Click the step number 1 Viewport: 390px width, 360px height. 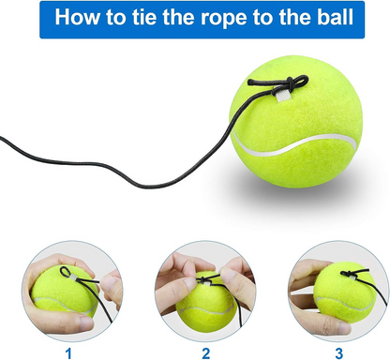[68, 353]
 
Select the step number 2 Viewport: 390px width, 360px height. [206, 353]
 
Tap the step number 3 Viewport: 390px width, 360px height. [339, 353]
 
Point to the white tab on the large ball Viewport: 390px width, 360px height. [283, 95]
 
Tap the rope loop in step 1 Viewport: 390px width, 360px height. [66, 272]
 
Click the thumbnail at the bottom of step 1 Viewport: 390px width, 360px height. [86, 323]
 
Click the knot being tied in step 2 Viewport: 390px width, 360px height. [203, 279]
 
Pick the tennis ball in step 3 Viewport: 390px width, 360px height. [345, 292]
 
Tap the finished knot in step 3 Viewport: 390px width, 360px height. [350, 274]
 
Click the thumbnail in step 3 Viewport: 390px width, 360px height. [344, 328]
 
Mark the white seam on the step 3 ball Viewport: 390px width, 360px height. [344, 304]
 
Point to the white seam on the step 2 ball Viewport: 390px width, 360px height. [205, 310]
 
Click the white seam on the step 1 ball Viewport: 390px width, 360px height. [64, 306]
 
